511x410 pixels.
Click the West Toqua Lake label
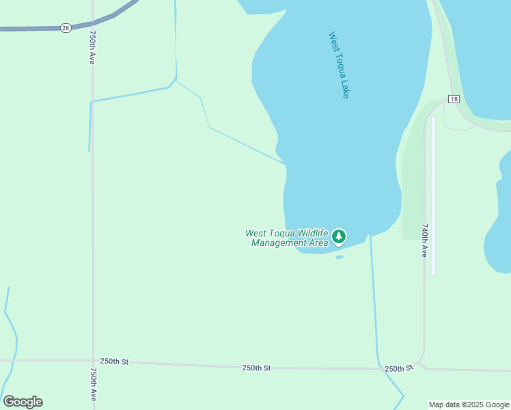(x=339, y=65)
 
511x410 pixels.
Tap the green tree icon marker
(x=339, y=237)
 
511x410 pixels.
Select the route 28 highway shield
(x=66, y=27)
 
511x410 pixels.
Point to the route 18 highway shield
(x=454, y=99)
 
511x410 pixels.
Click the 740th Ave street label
(x=424, y=240)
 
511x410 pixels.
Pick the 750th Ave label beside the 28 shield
(x=92, y=46)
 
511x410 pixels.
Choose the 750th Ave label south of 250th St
(x=93, y=387)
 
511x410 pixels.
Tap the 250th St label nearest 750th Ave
(x=114, y=361)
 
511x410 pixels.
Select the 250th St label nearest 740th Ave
(x=399, y=368)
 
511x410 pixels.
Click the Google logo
(x=23, y=402)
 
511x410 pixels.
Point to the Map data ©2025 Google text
(x=469, y=405)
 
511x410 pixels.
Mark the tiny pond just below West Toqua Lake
(x=340, y=257)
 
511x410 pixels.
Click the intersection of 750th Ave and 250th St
(x=93, y=361)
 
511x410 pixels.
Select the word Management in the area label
(x=279, y=243)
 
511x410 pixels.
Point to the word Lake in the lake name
(x=346, y=90)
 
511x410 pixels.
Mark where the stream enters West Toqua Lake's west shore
(x=284, y=163)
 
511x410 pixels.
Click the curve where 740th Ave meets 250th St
(x=419, y=361)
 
